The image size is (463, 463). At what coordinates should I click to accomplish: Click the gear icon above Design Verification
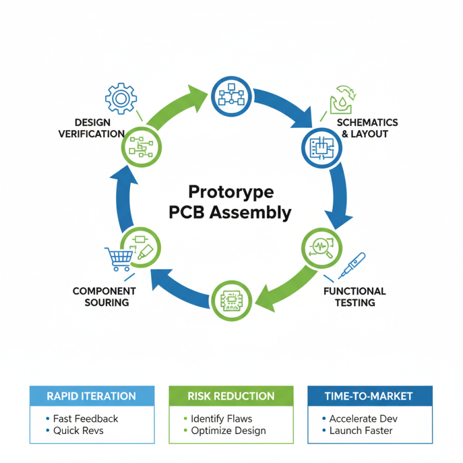120,98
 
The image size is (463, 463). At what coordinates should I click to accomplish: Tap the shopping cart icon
117,259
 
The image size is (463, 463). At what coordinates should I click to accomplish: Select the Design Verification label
91,128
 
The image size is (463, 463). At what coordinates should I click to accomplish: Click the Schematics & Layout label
367,128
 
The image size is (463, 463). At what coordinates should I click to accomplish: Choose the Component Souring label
104,296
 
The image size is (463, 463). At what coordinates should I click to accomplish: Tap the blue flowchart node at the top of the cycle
230,95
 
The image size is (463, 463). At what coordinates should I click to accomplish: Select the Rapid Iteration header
92,396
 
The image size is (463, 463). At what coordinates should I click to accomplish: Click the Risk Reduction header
231,396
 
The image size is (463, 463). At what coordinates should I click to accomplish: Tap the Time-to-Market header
370,396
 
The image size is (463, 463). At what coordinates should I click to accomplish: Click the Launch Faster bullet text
361,431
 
